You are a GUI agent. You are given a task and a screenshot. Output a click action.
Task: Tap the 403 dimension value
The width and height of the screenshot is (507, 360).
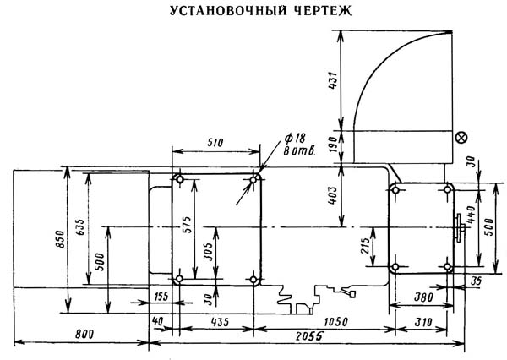(339, 196)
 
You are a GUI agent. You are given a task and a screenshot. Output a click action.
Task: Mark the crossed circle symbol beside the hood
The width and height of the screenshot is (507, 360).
(461, 138)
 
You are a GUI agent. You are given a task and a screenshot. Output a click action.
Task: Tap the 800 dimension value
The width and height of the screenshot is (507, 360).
(83, 335)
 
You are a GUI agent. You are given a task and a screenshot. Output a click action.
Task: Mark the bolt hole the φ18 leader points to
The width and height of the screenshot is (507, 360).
(253, 179)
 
